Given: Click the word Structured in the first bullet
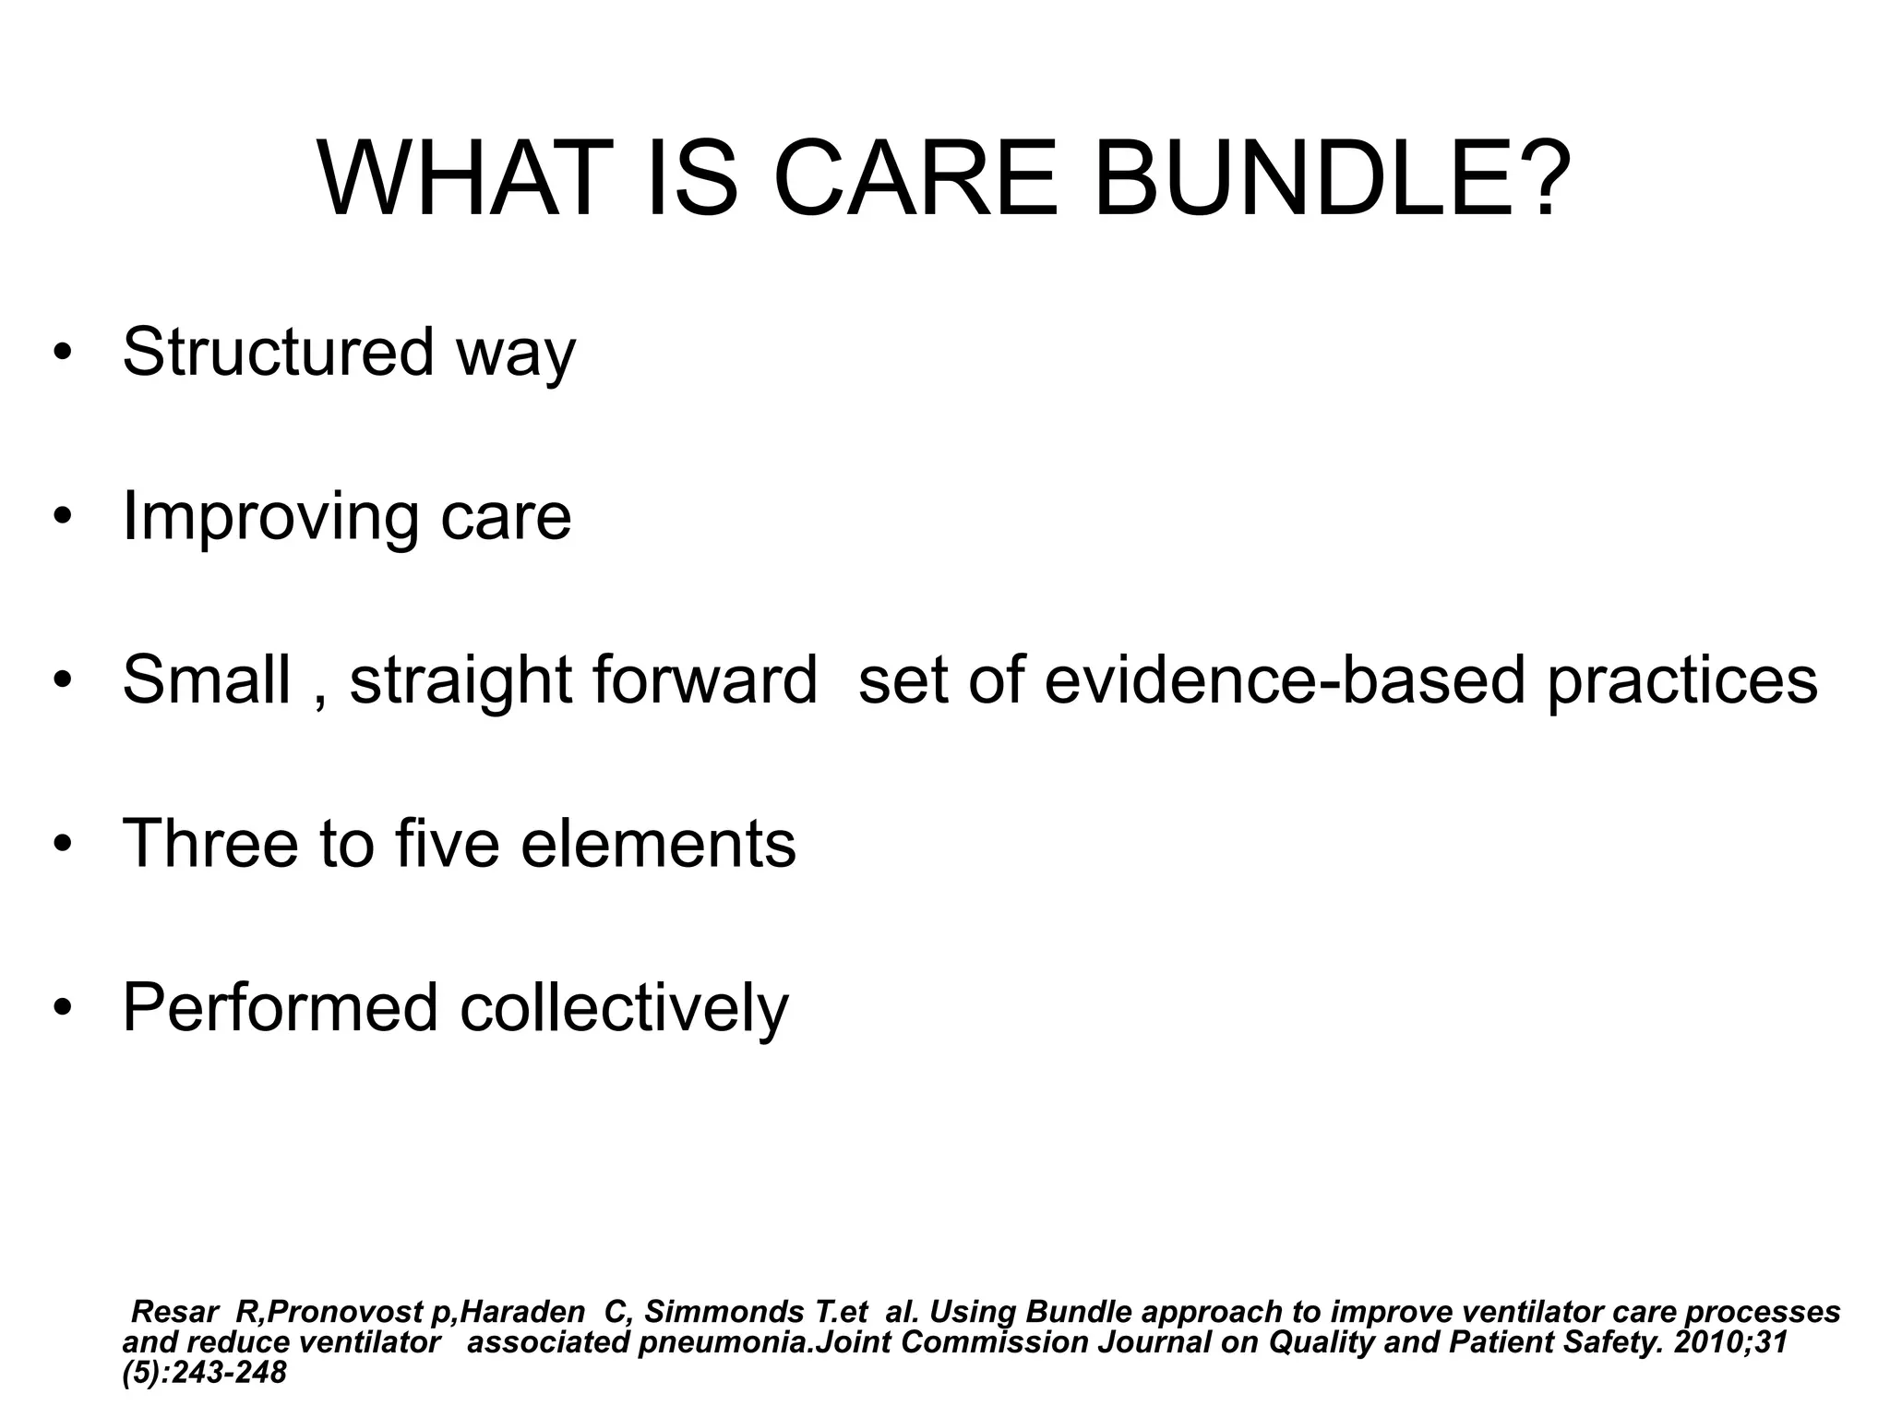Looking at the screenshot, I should [x=278, y=352].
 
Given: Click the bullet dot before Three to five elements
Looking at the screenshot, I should [x=62, y=845].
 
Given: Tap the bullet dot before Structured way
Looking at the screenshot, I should [x=62, y=354].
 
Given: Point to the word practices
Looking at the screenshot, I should [x=1681, y=681].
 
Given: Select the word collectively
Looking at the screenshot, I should [x=624, y=1009].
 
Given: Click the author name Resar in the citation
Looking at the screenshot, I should [x=175, y=1312].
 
